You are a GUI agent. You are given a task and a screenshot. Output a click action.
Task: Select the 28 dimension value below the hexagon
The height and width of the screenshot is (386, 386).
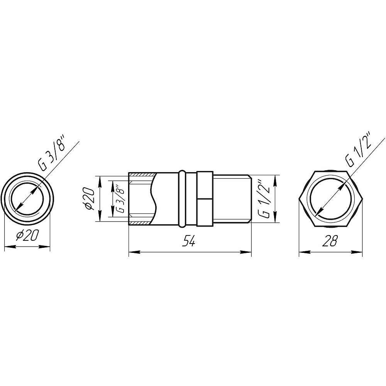pyautogui.click(x=331, y=242)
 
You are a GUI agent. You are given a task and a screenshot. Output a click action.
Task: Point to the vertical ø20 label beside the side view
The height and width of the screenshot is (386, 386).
pyautogui.click(x=88, y=198)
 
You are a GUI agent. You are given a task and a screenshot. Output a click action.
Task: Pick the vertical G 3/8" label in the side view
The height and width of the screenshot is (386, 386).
pyautogui.click(x=120, y=198)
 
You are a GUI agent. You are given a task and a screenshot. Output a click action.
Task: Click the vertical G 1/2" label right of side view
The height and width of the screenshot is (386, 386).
pyautogui.click(x=263, y=199)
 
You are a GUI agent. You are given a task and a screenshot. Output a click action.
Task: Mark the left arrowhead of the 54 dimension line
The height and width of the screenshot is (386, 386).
pyautogui.click(x=132, y=252)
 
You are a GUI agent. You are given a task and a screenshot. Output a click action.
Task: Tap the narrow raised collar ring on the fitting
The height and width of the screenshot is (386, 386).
pyautogui.click(x=181, y=198)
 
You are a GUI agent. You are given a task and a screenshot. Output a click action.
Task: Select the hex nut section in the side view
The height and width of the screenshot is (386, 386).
pyautogui.click(x=204, y=198)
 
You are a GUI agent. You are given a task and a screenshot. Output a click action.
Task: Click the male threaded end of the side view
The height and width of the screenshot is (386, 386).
pyautogui.click(x=232, y=198)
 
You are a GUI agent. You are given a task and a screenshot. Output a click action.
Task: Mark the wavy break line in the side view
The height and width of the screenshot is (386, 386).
pyautogui.click(x=154, y=198)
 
